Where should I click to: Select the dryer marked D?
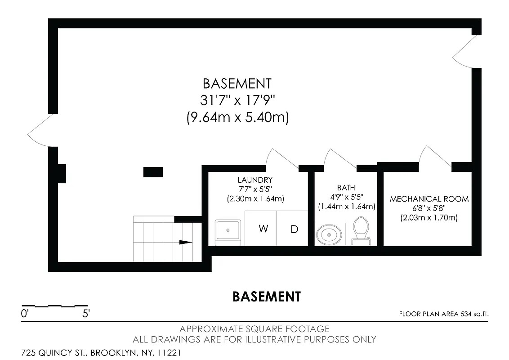coord(293,229)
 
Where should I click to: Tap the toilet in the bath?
coord(361,231)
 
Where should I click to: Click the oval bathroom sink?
coord(329,234)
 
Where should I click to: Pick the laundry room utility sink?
coord(229,231)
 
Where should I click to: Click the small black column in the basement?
coord(153,171)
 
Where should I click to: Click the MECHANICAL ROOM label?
coord(429,199)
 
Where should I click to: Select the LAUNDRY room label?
coord(255,180)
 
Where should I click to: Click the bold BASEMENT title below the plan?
coord(266,297)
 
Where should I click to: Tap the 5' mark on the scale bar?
coord(86,314)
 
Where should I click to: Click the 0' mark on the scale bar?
coord(25,314)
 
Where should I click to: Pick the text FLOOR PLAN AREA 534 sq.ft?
coord(443,314)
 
